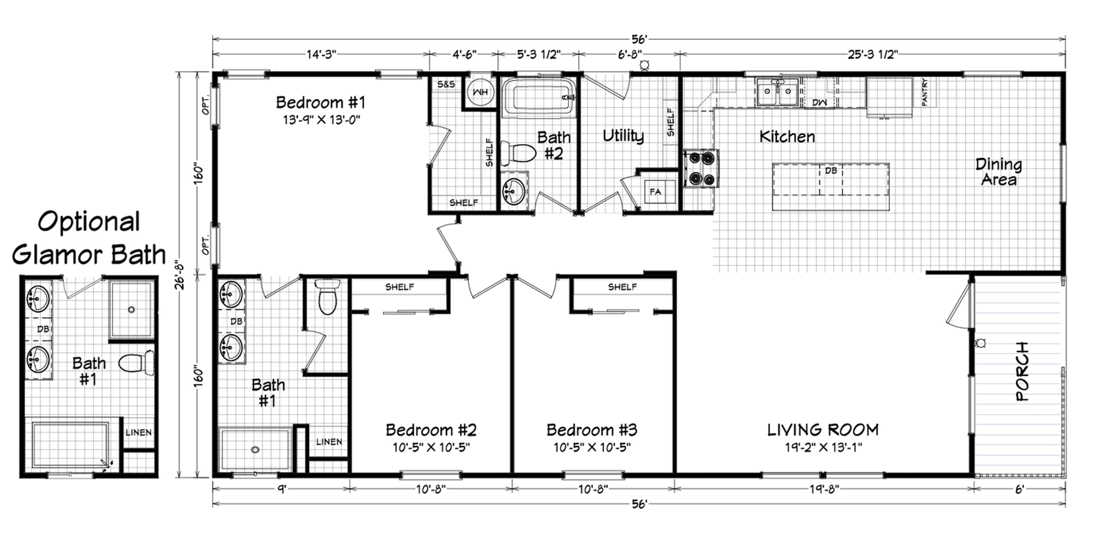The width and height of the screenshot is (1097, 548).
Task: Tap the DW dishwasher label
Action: click(819, 102)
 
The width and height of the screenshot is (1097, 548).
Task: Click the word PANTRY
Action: click(924, 92)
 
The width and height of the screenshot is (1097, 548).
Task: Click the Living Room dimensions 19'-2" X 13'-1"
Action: click(824, 448)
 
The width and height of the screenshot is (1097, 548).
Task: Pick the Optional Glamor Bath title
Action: click(89, 238)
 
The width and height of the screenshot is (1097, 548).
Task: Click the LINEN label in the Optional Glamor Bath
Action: click(138, 433)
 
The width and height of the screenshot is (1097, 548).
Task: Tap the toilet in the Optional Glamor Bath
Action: click(136, 363)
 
